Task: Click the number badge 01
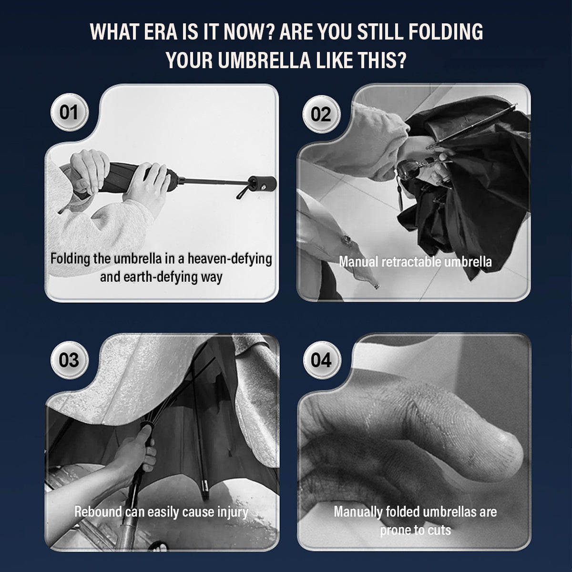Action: pyautogui.click(x=69, y=112)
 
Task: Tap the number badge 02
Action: pyautogui.click(x=321, y=114)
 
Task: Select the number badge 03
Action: pyautogui.click(x=69, y=360)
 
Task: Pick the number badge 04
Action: pyautogui.click(x=322, y=360)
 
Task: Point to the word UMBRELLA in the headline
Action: pyautogui.click(x=264, y=60)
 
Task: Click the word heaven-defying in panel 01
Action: pyautogui.click(x=230, y=259)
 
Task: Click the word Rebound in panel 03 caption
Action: pyautogui.click(x=98, y=511)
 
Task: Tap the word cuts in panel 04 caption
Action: pyautogui.click(x=440, y=531)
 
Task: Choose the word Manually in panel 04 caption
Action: pyautogui.click(x=357, y=512)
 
